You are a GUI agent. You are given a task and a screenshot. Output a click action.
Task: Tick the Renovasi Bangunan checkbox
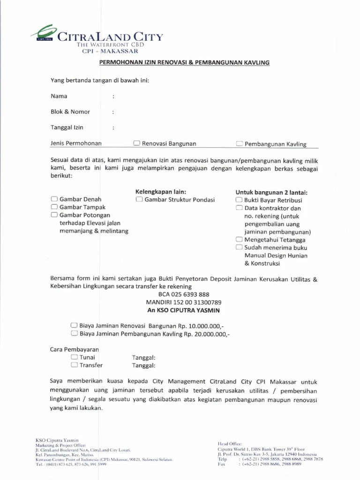[x=136, y=143]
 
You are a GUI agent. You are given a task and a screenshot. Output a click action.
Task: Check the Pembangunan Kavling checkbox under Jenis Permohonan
[x=240, y=144]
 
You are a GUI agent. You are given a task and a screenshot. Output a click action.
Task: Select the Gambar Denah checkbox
[x=54, y=199]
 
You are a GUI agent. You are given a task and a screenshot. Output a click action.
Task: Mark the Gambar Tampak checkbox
[x=54, y=207]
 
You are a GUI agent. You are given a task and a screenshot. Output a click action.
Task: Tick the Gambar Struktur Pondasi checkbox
[x=139, y=199]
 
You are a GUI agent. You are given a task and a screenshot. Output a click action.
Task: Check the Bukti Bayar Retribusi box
[x=239, y=200]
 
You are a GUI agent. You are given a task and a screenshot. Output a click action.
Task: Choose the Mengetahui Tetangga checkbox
[x=239, y=240]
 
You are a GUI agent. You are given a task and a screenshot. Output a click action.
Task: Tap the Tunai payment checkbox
[x=74, y=357]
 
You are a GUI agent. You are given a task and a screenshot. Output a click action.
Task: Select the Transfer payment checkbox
[x=74, y=365]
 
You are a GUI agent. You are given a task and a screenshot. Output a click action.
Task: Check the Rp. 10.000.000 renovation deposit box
[x=74, y=325]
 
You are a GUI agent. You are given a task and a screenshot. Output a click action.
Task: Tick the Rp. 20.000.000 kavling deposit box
[x=74, y=333]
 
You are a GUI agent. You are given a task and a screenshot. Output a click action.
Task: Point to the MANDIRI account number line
[x=184, y=302]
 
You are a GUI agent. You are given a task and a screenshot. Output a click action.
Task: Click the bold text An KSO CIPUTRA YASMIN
[x=184, y=310]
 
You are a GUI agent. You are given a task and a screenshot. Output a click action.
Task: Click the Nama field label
[x=59, y=96]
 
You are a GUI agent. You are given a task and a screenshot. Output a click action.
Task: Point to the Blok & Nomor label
[x=70, y=112]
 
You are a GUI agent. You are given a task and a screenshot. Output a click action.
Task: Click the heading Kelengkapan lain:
[x=161, y=192]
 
